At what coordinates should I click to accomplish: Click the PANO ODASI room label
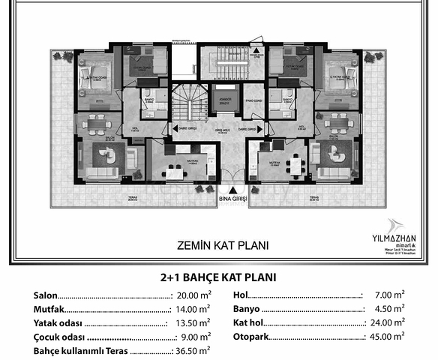coord(253,101)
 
